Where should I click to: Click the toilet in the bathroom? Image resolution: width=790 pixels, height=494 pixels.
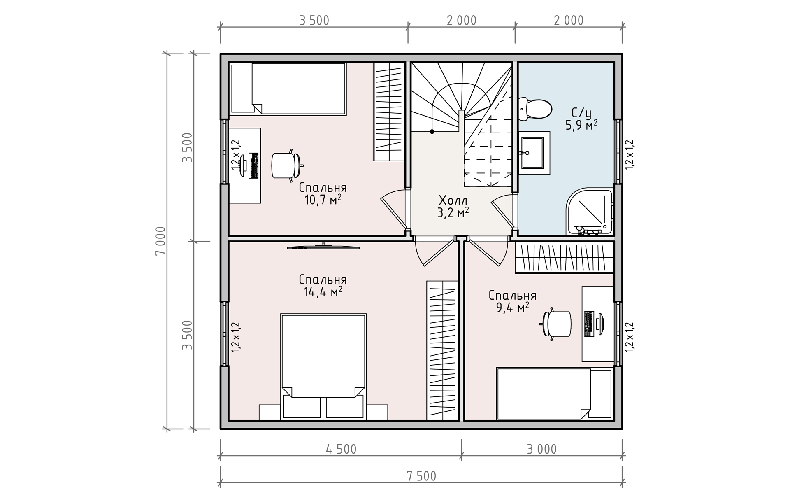tap(535, 109)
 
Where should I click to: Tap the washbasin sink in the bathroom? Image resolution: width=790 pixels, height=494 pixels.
tap(532, 153)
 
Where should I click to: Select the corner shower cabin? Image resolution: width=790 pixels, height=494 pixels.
tap(590, 212)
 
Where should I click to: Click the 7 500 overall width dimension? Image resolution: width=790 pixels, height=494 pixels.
tap(422, 476)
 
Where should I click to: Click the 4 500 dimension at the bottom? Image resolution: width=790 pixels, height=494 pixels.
tap(341, 449)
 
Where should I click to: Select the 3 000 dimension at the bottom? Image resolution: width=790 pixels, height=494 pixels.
tap(542, 449)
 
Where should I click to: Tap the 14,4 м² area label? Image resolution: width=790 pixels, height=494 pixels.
tap(323, 292)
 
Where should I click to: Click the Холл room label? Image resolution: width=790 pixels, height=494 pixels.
tap(453, 200)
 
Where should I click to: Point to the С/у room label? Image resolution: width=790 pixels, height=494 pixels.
tap(581, 113)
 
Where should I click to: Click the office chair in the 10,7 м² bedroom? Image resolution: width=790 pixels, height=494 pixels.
tap(287, 165)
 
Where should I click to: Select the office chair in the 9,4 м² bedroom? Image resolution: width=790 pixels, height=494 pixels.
tap(555, 324)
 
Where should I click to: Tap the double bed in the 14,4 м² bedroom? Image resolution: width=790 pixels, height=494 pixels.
tap(323, 367)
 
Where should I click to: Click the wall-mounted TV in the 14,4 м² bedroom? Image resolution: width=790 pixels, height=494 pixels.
tap(323, 247)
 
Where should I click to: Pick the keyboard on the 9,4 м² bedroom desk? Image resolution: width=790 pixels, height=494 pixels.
tap(589, 324)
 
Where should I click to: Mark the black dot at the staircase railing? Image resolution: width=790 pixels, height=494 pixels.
tap(432, 132)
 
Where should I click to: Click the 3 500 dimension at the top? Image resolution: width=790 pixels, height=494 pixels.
tap(314, 21)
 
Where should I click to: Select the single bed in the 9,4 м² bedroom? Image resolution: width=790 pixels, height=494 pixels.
tap(554, 394)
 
